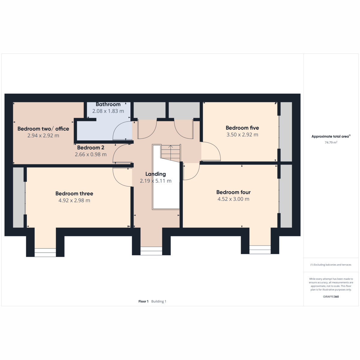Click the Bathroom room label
(108, 104)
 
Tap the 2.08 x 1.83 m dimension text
(108, 111)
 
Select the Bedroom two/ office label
(43, 129)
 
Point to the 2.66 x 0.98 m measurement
(91, 154)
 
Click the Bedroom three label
(74, 193)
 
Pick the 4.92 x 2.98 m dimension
(74, 200)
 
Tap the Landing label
(155, 174)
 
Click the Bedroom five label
(242, 128)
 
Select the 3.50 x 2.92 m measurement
(242, 134)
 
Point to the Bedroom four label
(233, 192)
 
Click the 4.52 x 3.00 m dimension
(233, 199)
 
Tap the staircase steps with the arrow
(171, 153)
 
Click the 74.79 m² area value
(331, 142)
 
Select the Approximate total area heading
(331, 136)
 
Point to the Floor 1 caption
(143, 301)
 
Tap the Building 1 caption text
(159, 301)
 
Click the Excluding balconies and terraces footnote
(331, 265)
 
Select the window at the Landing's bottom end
(151, 251)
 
